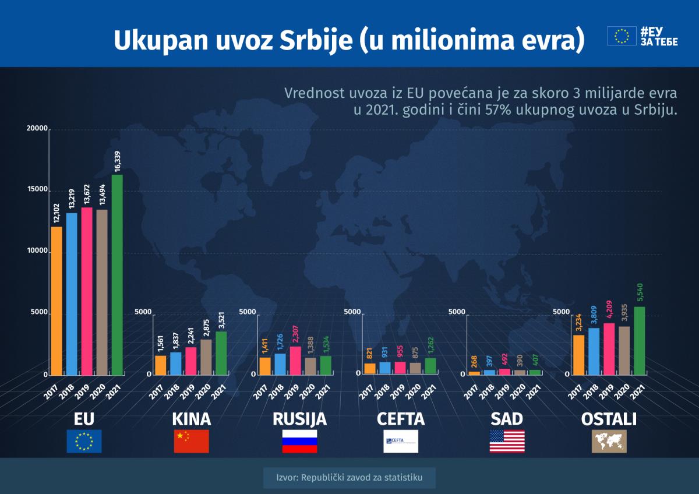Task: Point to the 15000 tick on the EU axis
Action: tap(37, 190)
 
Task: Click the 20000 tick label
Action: tap(37, 128)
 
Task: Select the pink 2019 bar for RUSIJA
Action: tap(295, 360)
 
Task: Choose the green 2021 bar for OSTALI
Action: tap(639, 340)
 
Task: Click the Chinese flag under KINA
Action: tap(191, 441)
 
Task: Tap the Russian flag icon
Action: tap(299, 441)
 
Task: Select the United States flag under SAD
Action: tap(507, 441)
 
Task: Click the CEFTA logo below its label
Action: tap(400, 441)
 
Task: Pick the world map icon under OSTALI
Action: tap(609, 441)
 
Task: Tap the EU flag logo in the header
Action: tap(622, 36)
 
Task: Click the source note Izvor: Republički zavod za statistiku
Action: tap(349, 478)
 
